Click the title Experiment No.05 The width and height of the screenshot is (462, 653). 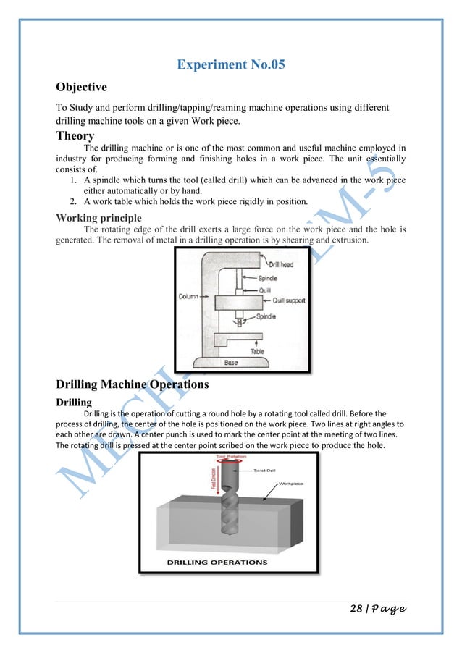(231, 65)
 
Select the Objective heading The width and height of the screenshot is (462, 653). (81, 88)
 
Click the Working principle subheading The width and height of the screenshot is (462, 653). (101, 217)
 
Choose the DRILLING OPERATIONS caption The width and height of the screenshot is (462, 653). (217, 562)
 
